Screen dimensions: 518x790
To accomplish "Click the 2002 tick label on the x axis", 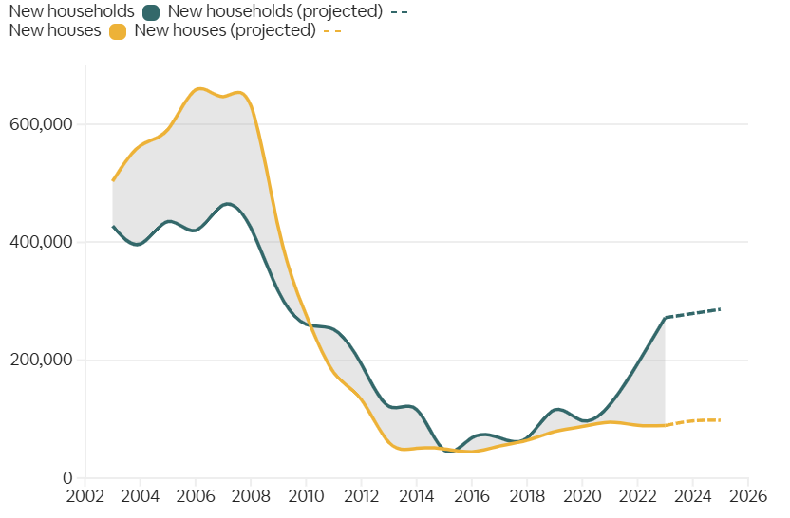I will [x=85, y=496].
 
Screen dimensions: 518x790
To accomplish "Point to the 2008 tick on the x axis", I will [x=251, y=496].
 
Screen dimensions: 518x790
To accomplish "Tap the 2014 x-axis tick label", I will [x=417, y=496].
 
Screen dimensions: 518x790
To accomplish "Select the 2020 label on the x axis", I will [x=582, y=496].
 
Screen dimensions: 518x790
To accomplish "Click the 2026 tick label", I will [x=748, y=496].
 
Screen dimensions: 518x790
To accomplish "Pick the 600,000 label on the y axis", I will [x=42, y=124].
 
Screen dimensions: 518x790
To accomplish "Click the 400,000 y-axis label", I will [x=42, y=242].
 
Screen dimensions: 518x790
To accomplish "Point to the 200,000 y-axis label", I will [x=42, y=361].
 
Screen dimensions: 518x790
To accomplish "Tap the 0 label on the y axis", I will [x=68, y=478].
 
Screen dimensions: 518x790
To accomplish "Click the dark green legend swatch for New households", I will [x=150, y=12].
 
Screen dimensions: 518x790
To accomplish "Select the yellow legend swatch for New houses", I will [x=118, y=30].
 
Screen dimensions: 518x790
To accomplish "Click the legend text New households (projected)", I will [x=274, y=12].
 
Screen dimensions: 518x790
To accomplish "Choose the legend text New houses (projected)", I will [x=225, y=30].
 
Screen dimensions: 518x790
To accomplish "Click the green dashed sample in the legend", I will [x=400, y=12].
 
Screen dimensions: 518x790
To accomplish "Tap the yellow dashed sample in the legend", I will [x=331, y=30].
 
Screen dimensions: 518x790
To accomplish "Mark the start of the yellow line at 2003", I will [x=113, y=180].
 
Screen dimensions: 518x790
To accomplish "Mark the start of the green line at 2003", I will [x=113, y=226].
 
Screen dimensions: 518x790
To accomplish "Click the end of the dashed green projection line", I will [x=721, y=309].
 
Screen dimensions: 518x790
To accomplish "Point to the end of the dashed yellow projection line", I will [x=721, y=419].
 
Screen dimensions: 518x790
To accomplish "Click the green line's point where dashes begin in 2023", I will [x=665, y=318].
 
